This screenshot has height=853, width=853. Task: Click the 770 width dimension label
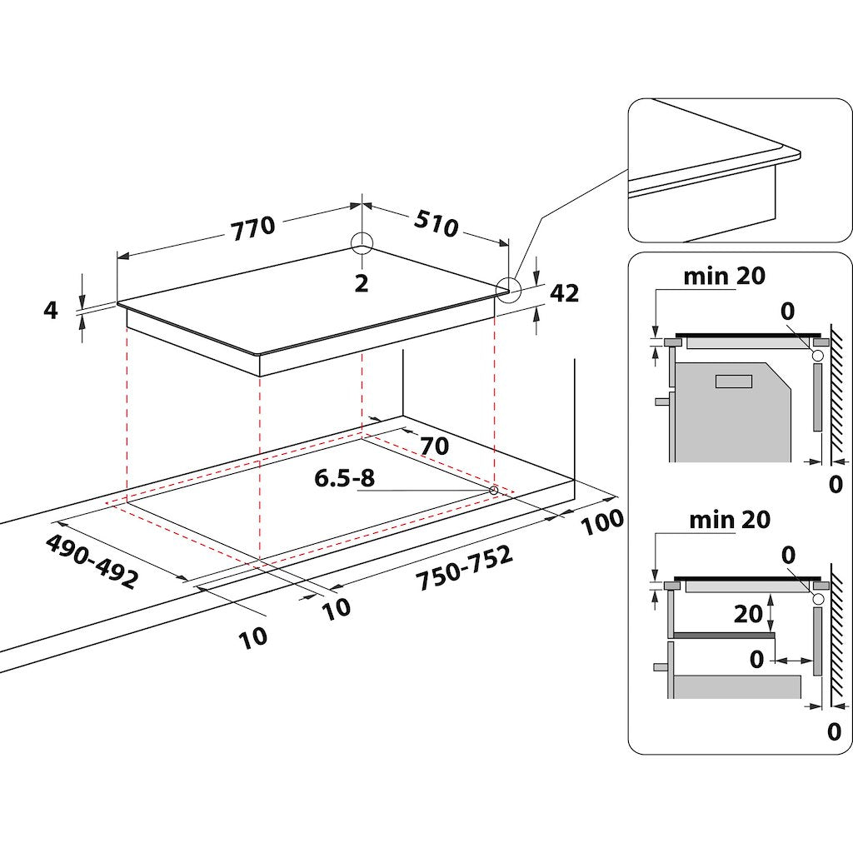[x=252, y=226]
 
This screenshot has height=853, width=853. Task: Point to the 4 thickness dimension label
[x=52, y=311]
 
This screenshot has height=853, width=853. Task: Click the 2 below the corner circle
[x=361, y=283]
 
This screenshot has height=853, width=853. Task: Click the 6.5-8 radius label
[x=345, y=479]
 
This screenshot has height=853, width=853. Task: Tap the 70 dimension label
[x=434, y=446]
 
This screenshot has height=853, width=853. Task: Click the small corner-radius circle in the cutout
[x=494, y=490]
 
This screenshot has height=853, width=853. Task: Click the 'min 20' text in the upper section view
[x=724, y=276]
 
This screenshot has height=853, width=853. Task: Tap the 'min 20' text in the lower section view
[x=730, y=520]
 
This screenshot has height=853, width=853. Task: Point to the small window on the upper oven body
[x=733, y=381]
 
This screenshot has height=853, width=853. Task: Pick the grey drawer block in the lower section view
[x=736, y=686]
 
